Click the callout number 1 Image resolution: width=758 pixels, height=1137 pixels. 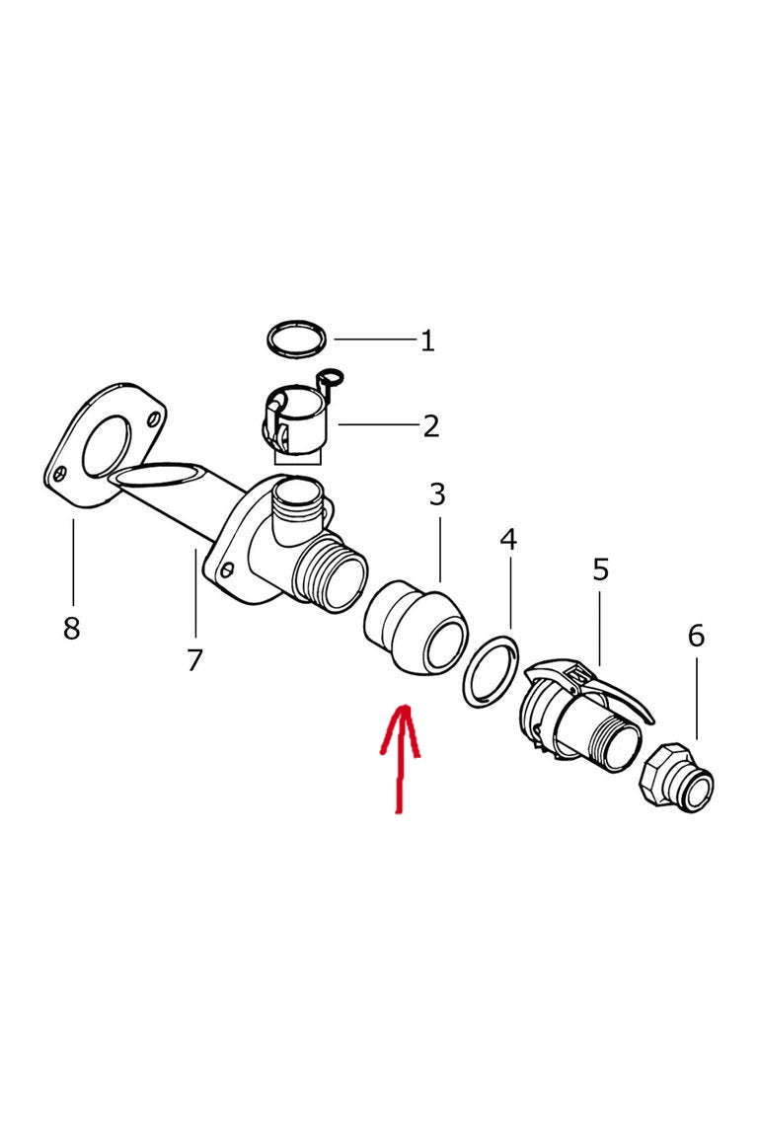click(427, 341)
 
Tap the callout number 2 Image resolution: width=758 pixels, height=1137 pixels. click(431, 425)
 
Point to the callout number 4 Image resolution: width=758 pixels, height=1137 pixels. click(508, 540)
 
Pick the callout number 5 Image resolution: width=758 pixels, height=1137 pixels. click(601, 569)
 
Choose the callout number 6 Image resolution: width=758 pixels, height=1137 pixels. click(696, 636)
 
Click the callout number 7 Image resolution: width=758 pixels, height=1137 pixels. click(193, 660)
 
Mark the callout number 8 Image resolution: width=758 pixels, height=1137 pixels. click(71, 628)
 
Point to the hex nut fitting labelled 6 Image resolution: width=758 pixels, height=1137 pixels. click(677, 777)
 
